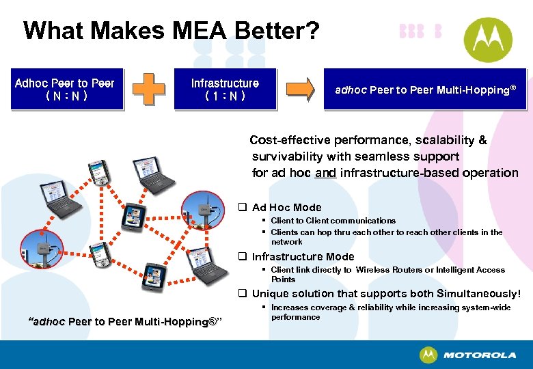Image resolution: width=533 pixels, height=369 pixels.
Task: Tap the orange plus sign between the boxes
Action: coord(148,90)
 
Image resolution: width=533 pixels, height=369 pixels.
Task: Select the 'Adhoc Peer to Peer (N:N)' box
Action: coord(65,90)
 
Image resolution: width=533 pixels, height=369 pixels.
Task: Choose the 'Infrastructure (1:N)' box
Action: coord(225,90)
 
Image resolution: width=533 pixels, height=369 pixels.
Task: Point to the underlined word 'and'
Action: coord(325,173)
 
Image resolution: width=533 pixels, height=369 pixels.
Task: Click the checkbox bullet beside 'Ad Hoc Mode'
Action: coord(242,207)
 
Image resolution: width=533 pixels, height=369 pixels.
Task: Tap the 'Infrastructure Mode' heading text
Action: coord(303,257)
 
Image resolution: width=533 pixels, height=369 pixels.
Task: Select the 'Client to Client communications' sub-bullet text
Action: coord(333,221)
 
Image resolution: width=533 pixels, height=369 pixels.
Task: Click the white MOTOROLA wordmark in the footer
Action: coord(479,355)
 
